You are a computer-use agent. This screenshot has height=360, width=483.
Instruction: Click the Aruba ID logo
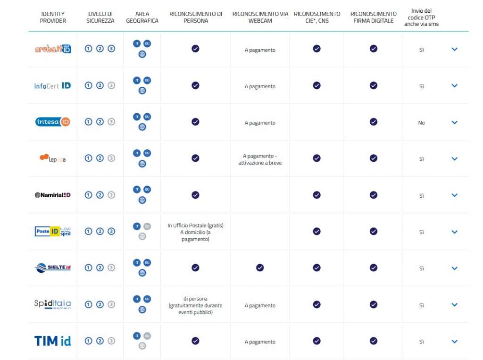pos(53,49)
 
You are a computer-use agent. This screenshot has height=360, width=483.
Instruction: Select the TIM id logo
pos(53,341)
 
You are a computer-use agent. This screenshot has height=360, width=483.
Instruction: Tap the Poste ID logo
pos(53,231)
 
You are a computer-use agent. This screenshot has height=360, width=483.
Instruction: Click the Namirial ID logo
pos(53,195)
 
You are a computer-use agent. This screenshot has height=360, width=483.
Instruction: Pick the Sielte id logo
pos(53,268)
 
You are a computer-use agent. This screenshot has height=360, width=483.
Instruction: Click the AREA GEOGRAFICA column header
pos(142,17)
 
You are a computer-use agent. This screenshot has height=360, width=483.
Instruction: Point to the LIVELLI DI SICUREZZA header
pos(100,17)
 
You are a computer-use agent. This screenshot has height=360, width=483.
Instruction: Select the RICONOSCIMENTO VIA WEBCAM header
pos(260,17)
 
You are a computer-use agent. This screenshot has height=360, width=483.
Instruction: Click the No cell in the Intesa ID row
pos(421,123)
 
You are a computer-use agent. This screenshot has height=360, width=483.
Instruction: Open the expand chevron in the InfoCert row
pos(454,86)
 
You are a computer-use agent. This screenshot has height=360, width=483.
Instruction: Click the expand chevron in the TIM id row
pos(454,341)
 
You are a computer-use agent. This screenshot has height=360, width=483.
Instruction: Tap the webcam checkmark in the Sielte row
pos(260,268)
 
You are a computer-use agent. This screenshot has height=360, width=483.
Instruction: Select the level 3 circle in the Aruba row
pos(111,49)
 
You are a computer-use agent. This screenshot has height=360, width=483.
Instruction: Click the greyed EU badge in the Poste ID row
pos(147,226)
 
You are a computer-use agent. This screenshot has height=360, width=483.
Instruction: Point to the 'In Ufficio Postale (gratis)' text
pos(195,226)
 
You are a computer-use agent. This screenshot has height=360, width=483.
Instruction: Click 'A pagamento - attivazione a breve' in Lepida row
pos(260,159)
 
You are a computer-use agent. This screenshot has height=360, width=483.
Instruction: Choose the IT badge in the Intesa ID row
pos(137,117)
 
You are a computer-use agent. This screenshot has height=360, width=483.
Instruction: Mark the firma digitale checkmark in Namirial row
pos(373,195)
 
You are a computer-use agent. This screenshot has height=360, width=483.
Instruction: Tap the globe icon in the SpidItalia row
pos(142,310)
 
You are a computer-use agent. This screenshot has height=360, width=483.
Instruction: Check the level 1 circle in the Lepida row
pos(88,158)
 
